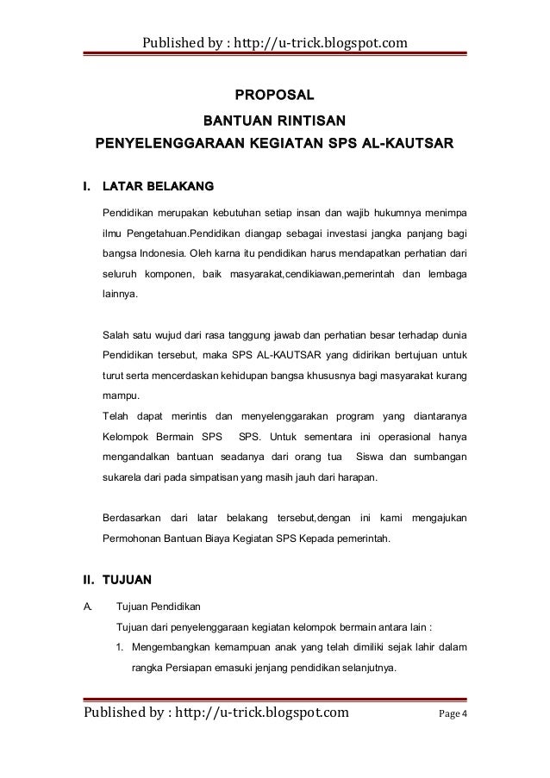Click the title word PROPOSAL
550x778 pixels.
click(x=275, y=93)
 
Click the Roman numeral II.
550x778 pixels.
click(x=87, y=566)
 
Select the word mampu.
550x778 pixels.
click(x=119, y=397)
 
